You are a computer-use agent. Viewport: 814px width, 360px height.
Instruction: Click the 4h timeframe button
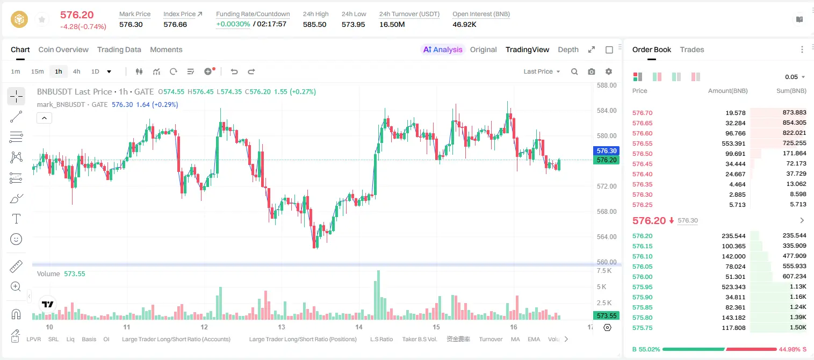[x=76, y=71]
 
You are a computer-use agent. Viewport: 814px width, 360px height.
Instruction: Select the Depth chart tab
[x=568, y=50]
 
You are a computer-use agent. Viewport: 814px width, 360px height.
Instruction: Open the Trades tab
[x=692, y=50]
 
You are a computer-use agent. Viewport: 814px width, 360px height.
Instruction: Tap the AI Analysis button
[x=443, y=50]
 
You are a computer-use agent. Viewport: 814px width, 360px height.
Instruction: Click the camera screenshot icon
[x=592, y=71]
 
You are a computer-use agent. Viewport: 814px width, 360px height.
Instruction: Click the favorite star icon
[x=42, y=19]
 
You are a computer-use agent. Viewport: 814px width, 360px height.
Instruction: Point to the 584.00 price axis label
[x=607, y=111]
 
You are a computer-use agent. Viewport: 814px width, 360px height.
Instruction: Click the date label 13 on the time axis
[x=281, y=327]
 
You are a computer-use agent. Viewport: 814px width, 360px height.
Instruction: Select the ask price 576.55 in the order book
[x=642, y=143]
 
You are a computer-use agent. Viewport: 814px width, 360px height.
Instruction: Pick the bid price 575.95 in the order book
[x=642, y=287]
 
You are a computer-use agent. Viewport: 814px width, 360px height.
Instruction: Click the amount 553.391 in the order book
[x=733, y=143]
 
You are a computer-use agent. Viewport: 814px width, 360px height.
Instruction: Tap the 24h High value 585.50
[x=315, y=24]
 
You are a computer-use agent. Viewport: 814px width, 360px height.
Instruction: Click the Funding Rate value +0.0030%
[x=233, y=24]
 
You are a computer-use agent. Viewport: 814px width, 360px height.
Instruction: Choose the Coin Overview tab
[x=63, y=50]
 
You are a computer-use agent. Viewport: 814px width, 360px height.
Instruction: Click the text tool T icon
[x=16, y=219]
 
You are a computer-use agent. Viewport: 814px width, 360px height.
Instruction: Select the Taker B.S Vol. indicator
[x=419, y=339]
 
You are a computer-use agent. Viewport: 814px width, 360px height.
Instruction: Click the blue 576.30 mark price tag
[x=606, y=151]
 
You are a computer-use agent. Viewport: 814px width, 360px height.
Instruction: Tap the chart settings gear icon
[x=609, y=71]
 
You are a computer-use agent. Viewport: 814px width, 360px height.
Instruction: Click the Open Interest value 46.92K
[x=464, y=24]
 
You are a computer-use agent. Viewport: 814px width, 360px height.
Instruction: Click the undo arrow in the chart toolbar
[x=234, y=71]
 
